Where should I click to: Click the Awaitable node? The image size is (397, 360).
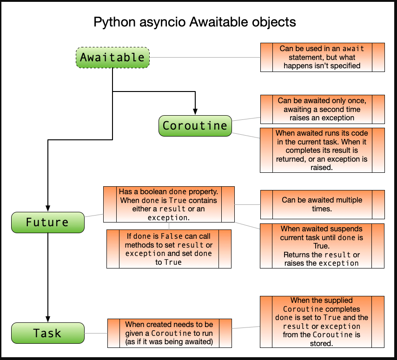tap(112, 58)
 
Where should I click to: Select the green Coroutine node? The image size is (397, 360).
tap(195, 125)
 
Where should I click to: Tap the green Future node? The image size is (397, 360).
tap(47, 222)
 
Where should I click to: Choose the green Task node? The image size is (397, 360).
tap(47, 333)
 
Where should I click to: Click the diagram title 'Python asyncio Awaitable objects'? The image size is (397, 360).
tap(194, 22)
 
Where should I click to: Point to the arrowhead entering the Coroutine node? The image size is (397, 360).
tap(195, 111)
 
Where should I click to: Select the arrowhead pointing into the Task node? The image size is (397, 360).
tap(48, 319)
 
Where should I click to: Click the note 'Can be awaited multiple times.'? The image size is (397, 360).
tap(322, 204)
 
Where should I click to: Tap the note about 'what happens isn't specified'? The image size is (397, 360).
tap(322, 57)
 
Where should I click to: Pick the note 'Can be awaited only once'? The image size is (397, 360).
tap(322, 109)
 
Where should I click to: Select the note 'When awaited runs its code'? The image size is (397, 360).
tap(322, 150)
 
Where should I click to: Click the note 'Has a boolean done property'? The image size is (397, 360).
tap(168, 204)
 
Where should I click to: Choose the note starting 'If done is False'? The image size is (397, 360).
tap(169, 249)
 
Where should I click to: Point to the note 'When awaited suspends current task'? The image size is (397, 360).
tap(322, 246)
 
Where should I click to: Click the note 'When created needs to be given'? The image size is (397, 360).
tap(169, 333)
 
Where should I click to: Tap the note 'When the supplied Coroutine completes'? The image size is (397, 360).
tap(322, 322)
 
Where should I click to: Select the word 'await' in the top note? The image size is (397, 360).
tap(353, 49)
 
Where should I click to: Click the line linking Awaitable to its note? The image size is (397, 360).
tap(205, 58)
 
